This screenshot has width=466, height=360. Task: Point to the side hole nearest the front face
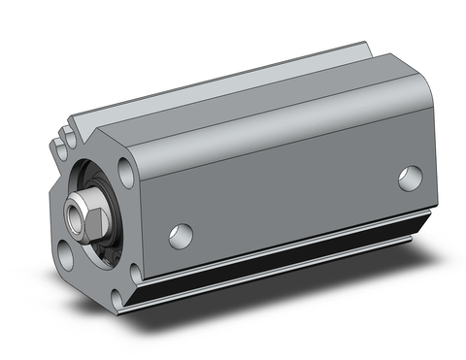(181, 234)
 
